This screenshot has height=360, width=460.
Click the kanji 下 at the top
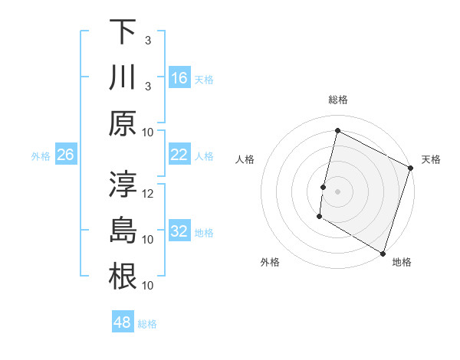click(123, 32)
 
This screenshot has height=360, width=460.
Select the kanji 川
click(123, 77)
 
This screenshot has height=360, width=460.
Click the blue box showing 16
click(179, 77)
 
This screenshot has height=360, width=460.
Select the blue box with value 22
click(179, 155)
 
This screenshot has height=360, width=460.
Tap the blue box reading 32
click(179, 231)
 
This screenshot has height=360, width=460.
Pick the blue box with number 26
click(65, 155)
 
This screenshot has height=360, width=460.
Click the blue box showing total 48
click(123, 322)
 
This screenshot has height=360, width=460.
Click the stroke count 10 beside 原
click(149, 132)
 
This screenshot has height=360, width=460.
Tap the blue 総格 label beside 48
click(148, 324)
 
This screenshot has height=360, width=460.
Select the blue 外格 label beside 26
click(41, 156)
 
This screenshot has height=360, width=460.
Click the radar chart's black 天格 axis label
click(432, 159)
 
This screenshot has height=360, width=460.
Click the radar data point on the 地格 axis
click(383, 252)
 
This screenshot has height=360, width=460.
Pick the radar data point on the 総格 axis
click(337, 130)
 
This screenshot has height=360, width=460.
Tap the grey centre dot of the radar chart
click(337, 191)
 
